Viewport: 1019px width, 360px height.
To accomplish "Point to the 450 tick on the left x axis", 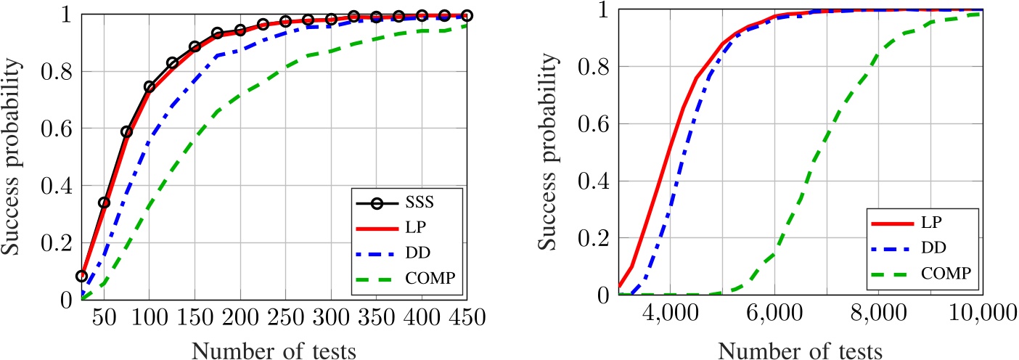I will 466,319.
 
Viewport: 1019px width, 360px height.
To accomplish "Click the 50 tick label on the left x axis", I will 105,319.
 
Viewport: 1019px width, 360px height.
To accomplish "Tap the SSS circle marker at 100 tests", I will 150,86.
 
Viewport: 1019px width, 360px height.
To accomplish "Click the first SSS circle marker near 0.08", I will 82,276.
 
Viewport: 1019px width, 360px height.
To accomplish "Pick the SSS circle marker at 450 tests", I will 466,15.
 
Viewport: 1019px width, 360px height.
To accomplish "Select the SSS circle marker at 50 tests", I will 105,202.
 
